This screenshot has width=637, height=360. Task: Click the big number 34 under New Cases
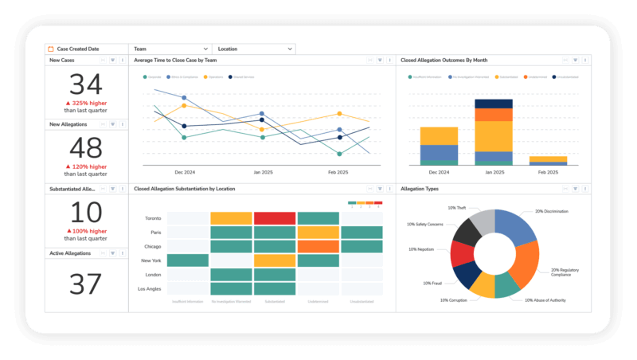pyautogui.click(x=86, y=85)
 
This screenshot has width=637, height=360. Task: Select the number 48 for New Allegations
pyautogui.click(x=86, y=148)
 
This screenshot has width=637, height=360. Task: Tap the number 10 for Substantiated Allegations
pyautogui.click(x=86, y=213)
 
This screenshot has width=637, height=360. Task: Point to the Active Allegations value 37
pyautogui.click(x=86, y=284)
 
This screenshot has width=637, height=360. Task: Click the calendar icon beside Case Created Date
pyautogui.click(x=51, y=49)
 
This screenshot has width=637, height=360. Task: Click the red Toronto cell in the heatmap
pyautogui.click(x=275, y=217)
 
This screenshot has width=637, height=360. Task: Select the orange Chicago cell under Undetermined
pyautogui.click(x=318, y=246)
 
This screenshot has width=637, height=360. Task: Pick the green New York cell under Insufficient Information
pyautogui.click(x=188, y=260)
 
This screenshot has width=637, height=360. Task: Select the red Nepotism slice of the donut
pyautogui.click(x=462, y=253)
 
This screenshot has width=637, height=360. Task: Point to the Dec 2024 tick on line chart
pyautogui.click(x=185, y=172)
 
